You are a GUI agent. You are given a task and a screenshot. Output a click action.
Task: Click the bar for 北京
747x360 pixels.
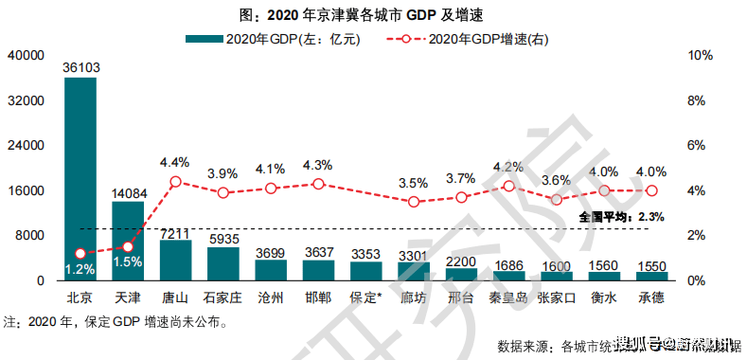click(x=80, y=180)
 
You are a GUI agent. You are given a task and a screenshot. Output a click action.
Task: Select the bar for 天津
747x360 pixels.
click(x=128, y=241)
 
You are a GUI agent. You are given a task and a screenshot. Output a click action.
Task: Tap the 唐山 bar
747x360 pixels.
click(x=175, y=261)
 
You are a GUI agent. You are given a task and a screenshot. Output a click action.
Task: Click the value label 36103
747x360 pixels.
click(x=80, y=67)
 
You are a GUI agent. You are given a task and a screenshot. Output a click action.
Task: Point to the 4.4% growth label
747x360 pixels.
click(x=175, y=162)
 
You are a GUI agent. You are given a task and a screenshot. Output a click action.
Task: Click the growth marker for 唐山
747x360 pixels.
click(x=175, y=182)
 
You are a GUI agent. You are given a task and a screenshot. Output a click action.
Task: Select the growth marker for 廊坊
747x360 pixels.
click(x=414, y=202)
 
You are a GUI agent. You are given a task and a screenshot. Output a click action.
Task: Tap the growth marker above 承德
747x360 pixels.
click(x=651, y=190)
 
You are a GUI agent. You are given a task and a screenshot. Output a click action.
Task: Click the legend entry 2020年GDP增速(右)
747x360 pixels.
click(x=468, y=39)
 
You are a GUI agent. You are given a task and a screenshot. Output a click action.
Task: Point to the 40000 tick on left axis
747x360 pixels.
click(x=27, y=56)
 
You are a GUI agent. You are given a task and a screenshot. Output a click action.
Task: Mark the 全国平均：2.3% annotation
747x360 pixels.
click(x=621, y=217)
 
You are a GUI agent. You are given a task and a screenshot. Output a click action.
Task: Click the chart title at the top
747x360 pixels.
click(x=374, y=14)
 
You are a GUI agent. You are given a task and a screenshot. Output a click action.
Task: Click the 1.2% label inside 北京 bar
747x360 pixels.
click(x=80, y=269)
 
